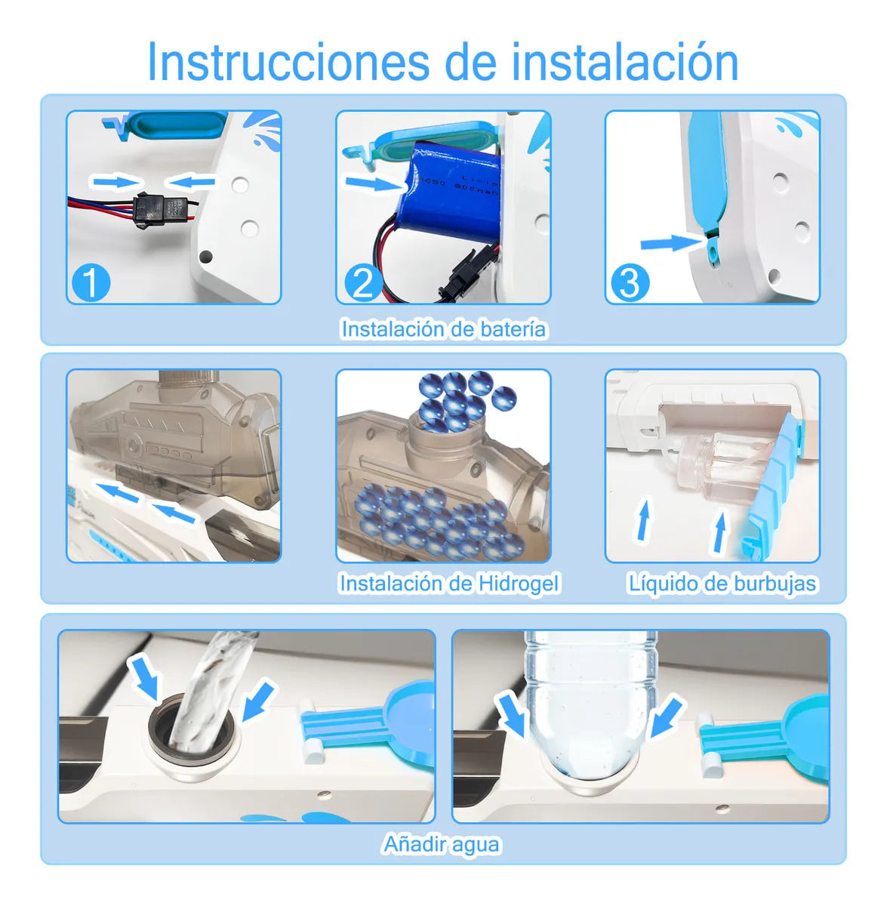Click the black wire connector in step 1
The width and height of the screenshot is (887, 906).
coord(160,207)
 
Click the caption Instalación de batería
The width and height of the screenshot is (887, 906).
coord(443,329)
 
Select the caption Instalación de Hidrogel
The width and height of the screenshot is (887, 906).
coord(449,583)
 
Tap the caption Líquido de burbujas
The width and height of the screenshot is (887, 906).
coord(722,583)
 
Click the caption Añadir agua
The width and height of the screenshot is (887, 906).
coord(442,843)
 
